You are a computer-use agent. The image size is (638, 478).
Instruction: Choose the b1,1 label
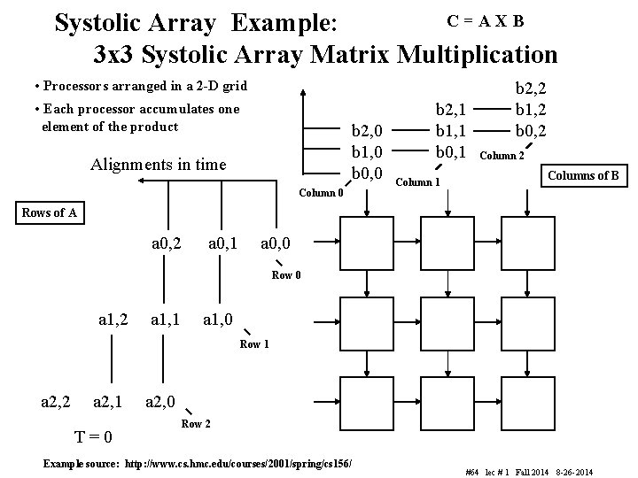pyautogui.click(x=450, y=130)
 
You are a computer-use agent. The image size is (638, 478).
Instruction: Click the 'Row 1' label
pyautogui.click(x=254, y=343)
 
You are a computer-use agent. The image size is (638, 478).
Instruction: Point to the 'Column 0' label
pyautogui.click(x=321, y=192)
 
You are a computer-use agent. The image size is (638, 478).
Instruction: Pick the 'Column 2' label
pyautogui.click(x=502, y=156)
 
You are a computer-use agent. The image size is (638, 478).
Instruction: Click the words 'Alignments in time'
pyautogui.click(x=159, y=164)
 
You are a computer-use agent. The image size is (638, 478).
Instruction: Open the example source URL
pyautogui.click(x=239, y=463)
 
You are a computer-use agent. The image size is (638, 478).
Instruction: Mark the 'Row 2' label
pyautogui.click(x=196, y=424)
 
